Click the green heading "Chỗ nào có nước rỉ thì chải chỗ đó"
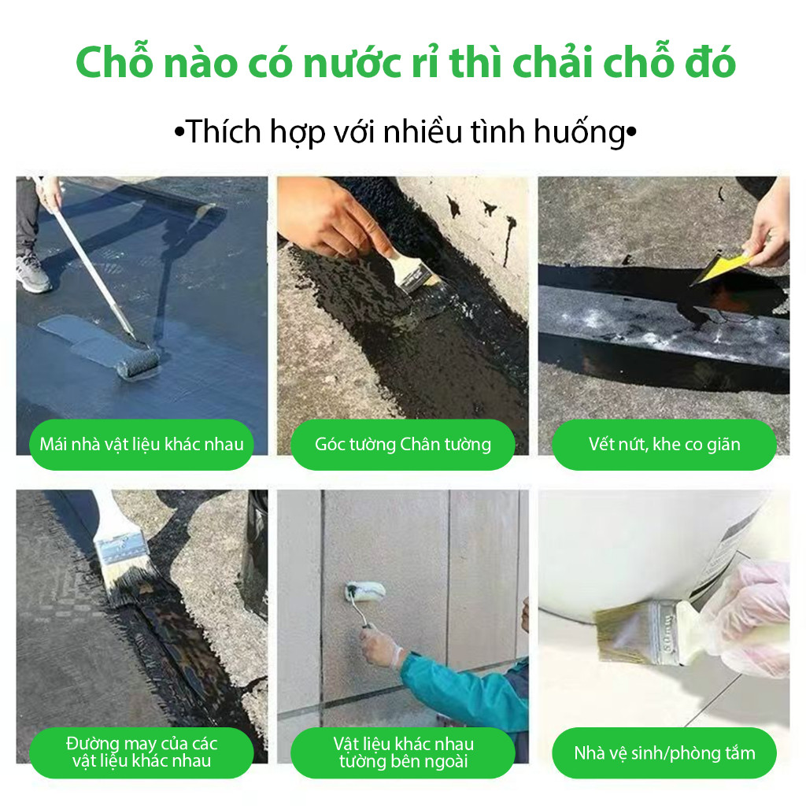point(405,62)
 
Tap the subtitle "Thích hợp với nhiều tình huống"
point(405,132)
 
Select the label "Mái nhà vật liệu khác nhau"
point(142,444)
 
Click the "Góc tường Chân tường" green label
point(402,444)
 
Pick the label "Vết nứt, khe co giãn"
point(664,444)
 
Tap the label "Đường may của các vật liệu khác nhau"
point(142,752)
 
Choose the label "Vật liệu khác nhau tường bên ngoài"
point(403,752)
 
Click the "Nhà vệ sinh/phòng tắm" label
point(664,753)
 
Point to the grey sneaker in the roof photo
point(33,272)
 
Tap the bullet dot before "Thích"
point(179,132)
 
